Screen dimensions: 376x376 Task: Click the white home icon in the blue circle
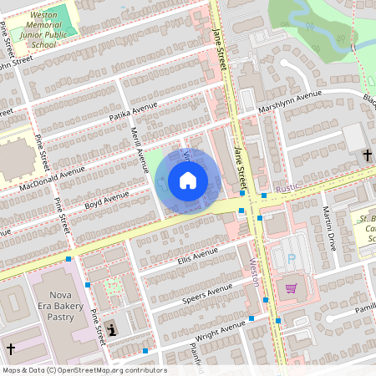click(188, 180)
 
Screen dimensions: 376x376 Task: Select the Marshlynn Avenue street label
click(290, 104)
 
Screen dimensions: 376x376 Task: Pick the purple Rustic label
click(287, 188)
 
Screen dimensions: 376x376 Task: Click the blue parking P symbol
click(291, 260)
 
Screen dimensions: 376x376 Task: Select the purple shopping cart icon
click(291, 288)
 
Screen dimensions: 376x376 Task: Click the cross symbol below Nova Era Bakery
click(11, 348)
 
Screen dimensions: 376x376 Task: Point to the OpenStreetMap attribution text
click(84, 370)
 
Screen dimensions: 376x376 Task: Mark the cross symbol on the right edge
click(368, 155)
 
